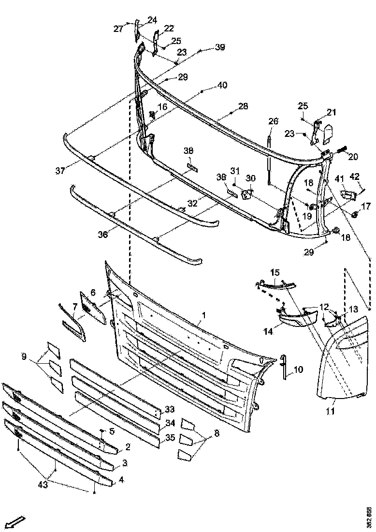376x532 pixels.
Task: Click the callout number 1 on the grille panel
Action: (203, 315)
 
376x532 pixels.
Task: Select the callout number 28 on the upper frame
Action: (243, 106)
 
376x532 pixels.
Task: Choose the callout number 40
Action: (222, 86)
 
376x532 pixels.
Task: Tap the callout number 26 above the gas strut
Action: (274, 121)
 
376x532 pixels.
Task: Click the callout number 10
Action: (298, 370)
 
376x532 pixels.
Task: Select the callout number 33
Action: (169, 409)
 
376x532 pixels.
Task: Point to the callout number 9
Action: (24, 358)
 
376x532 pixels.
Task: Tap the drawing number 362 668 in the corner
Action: (369, 517)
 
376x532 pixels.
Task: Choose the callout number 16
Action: (162, 106)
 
